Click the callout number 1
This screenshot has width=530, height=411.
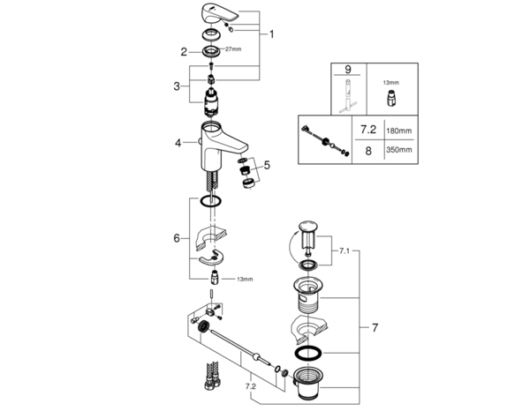tap(272, 34)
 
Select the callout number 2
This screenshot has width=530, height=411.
tap(185, 52)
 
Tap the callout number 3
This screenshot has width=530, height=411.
tap(178, 86)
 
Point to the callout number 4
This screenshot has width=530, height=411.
tap(178, 142)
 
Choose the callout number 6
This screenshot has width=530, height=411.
tap(177, 238)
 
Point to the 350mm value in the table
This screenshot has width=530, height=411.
tap(399, 152)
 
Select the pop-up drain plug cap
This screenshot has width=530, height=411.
tap(309, 228)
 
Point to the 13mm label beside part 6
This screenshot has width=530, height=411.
tap(245, 279)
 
